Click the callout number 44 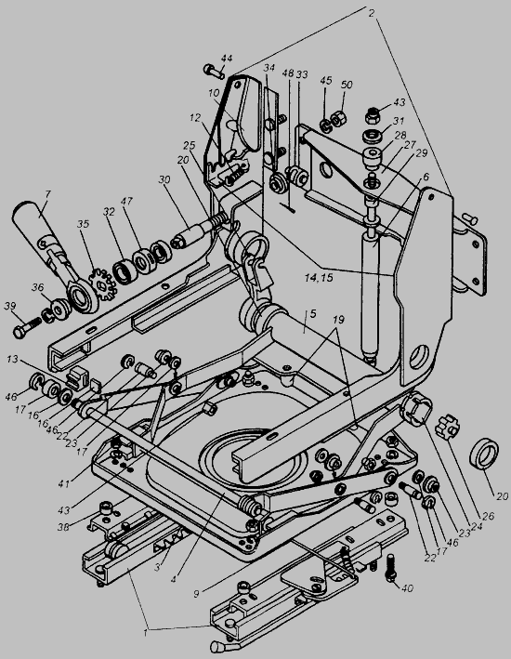click(226, 58)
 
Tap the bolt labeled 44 click(215, 71)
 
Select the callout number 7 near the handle click(47, 194)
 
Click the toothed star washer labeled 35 click(101, 285)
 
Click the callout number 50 click(347, 85)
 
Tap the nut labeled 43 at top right click(373, 115)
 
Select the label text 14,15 click(320, 277)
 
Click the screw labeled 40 click(391, 568)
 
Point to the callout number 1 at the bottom click(146, 633)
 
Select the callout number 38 click(63, 526)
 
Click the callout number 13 click(13, 360)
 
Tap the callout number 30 click(164, 179)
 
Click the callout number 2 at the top click(372, 13)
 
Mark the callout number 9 click(196, 594)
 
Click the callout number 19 click(338, 320)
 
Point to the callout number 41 click(64, 484)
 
